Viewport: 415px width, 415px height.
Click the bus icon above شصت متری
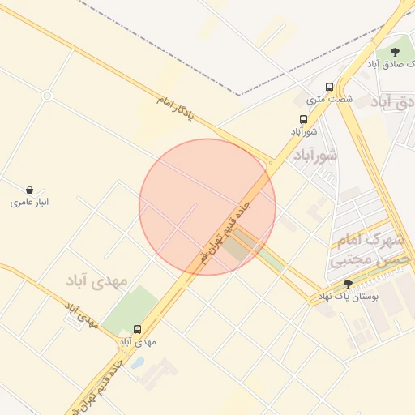[329, 87]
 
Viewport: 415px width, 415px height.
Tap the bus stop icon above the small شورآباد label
[303, 119]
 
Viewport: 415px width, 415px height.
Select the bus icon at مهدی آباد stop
[137, 330]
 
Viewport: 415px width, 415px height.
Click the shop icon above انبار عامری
[30, 190]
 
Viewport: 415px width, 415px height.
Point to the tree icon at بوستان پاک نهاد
[349, 284]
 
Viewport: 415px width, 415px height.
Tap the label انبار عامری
[30, 202]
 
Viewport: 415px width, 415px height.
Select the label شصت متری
[329, 99]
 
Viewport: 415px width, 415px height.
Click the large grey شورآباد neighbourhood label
[315, 154]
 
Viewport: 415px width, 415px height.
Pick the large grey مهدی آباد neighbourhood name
[97, 280]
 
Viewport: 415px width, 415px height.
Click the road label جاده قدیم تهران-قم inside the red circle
[226, 231]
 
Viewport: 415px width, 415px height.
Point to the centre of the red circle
[207, 207]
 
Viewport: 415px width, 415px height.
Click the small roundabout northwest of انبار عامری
[47, 96]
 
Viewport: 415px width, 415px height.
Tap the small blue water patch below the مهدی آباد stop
[138, 362]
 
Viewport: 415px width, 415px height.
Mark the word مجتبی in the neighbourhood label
[353, 260]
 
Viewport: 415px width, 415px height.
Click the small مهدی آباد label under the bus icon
[137, 342]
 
